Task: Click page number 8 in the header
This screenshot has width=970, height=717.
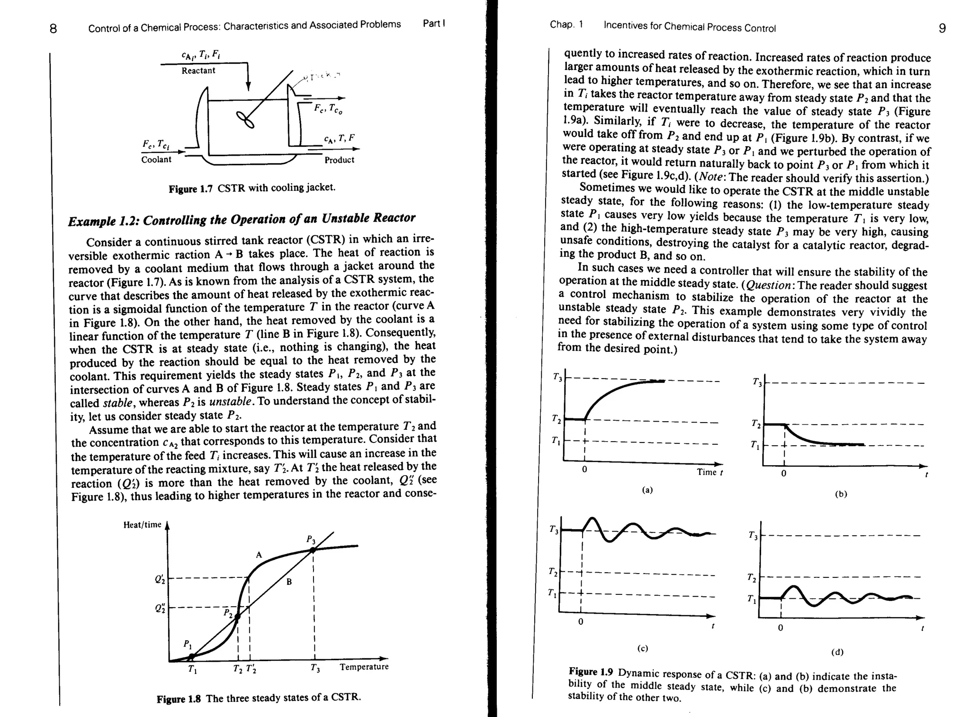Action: click(53, 29)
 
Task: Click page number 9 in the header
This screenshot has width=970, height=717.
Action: click(942, 28)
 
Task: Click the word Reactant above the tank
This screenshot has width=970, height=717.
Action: click(198, 71)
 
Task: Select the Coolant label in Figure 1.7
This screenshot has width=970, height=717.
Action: click(156, 159)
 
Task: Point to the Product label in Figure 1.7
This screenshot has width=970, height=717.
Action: click(339, 160)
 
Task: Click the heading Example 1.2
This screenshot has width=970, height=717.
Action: click(105, 221)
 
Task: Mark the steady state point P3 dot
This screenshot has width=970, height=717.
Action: click(313, 550)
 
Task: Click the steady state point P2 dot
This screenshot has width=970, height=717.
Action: click(238, 616)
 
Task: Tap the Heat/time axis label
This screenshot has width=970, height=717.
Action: click(142, 525)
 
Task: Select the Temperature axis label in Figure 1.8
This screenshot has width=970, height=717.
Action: click(364, 667)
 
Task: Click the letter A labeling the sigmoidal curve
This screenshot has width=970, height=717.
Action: click(259, 555)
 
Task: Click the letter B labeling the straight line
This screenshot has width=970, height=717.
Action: click(288, 582)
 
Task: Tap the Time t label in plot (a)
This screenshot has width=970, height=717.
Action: click(710, 472)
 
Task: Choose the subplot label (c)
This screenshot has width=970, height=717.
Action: click(643, 648)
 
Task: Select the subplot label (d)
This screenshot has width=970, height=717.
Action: click(837, 652)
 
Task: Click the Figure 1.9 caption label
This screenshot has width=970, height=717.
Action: click(591, 672)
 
